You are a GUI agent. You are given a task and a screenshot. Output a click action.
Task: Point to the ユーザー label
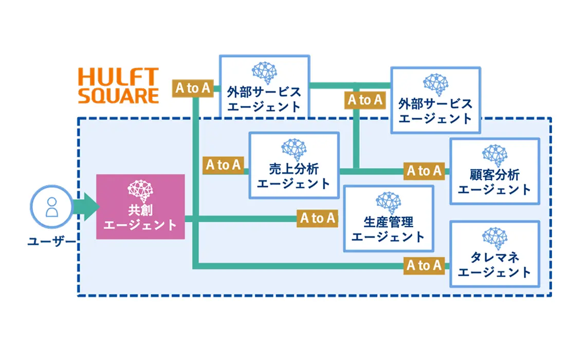pyautogui.click(x=51, y=241)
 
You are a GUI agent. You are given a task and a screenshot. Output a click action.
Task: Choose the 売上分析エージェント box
pyautogui.click(x=294, y=165)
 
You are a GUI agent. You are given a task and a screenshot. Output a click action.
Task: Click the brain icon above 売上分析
pyautogui.click(x=294, y=149)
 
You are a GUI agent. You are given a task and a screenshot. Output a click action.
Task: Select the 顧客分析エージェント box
pyautogui.click(x=494, y=171)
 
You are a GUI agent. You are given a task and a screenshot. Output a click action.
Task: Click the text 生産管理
pyautogui.click(x=388, y=222)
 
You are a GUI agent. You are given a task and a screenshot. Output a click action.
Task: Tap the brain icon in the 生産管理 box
pyautogui.click(x=388, y=204)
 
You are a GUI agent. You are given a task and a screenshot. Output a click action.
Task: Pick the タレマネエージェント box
pyautogui.click(x=494, y=254)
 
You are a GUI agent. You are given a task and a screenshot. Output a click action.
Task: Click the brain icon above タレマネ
pyautogui.click(x=494, y=238)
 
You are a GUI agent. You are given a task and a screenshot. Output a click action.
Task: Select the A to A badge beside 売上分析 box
pyautogui.click(x=224, y=165)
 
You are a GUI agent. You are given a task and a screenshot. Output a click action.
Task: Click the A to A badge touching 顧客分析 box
pyautogui.click(x=424, y=171)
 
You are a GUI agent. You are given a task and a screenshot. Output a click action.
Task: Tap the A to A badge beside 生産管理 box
pyautogui.click(x=318, y=218)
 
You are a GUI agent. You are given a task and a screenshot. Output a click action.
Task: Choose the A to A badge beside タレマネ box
pyautogui.click(x=424, y=265)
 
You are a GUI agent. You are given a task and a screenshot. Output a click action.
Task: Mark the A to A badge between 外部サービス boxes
pyautogui.click(x=365, y=100)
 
